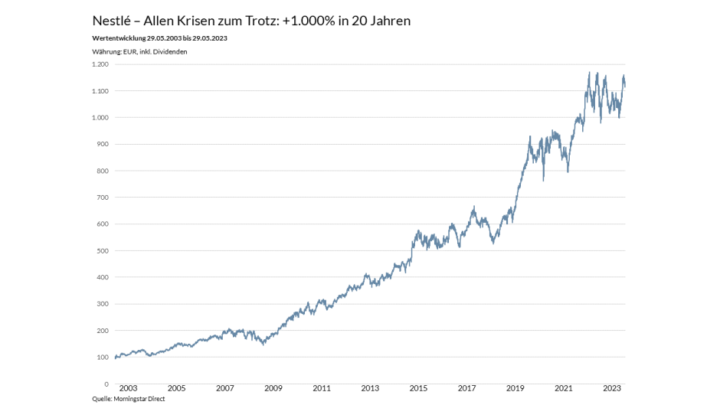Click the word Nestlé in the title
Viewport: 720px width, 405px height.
click(x=112, y=21)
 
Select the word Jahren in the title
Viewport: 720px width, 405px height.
click(x=389, y=21)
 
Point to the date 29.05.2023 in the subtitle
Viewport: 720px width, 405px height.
click(x=208, y=38)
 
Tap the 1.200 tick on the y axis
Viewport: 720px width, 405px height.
click(x=99, y=64)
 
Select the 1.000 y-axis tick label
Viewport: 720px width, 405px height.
click(x=99, y=118)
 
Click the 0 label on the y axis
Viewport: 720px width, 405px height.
click(x=106, y=384)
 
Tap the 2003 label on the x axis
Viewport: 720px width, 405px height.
click(x=128, y=389)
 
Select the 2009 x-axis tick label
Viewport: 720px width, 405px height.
click(x=273, y=389)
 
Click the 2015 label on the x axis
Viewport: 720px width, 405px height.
click(x=419, y=389)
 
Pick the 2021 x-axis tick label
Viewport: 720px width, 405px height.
click(x=564, y=389)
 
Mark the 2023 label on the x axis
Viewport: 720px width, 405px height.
click(x=612, y=389)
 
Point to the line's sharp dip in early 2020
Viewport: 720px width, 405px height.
click(x=543, y=180)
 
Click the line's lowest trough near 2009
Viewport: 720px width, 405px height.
click(x=264, y=344)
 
